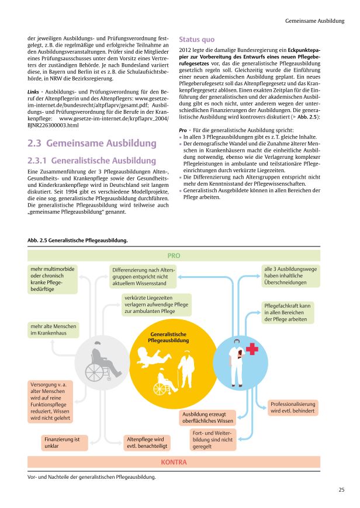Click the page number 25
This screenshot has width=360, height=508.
(341, 489)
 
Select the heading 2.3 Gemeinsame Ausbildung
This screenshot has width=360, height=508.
(92, 143)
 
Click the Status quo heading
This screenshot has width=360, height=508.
(196, 40)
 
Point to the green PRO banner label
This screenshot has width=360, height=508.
(174, 256)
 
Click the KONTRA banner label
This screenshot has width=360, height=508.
(174, 462)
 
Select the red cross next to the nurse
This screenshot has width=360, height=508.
(252, 349)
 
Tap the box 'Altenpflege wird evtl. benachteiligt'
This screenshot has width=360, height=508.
(146, 442)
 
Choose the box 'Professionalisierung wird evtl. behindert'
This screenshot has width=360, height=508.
(293, 408)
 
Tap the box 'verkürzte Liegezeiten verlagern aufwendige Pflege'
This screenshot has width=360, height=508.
(148, 305)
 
